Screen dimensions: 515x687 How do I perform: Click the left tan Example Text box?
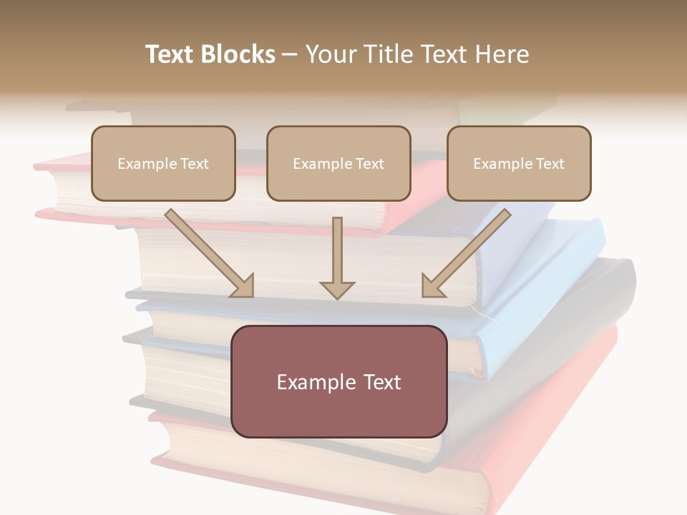[x=163, y=163]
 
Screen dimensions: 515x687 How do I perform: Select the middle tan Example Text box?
[x=338, y=163]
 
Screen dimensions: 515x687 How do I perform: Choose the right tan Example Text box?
[x=519, y=163]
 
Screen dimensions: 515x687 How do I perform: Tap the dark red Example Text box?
[x=338, y=381]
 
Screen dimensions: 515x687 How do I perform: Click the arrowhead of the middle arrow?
[x=337, y=290]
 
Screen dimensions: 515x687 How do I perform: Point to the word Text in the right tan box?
[x=550, y=164]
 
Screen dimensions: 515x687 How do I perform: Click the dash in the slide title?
[x=290, y=54]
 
